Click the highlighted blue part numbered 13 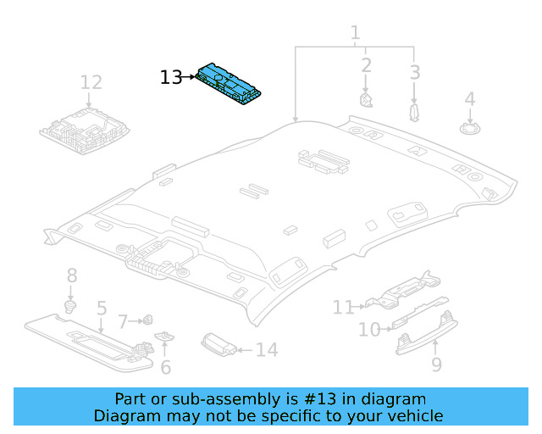(230, 86)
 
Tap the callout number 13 (170, 77)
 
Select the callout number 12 (91, 82)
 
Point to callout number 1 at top (355, 34)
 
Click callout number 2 (366, 65)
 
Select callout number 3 (414, 72)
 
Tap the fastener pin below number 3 (414, 112)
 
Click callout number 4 (469, 101)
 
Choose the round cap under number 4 (468, 128)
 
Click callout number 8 (72, 275)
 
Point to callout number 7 (122, 322)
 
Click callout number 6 (166, 367)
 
